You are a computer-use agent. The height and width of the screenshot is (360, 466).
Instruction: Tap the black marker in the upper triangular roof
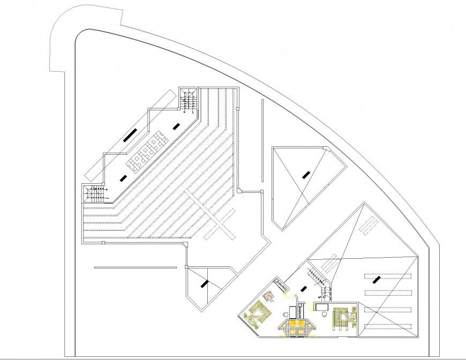click(x=306, y=174)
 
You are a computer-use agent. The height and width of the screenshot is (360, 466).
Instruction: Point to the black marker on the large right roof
click(x=377, y=279)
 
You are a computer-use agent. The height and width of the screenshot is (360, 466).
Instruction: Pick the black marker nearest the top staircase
click(x=176, y=125)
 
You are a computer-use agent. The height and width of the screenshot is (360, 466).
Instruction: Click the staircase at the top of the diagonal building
click(x=187, y=101)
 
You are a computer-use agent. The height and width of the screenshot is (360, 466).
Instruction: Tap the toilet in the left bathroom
click(x=284, y=314)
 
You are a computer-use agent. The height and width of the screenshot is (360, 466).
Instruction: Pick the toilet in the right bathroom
click(x=324, y=314)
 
